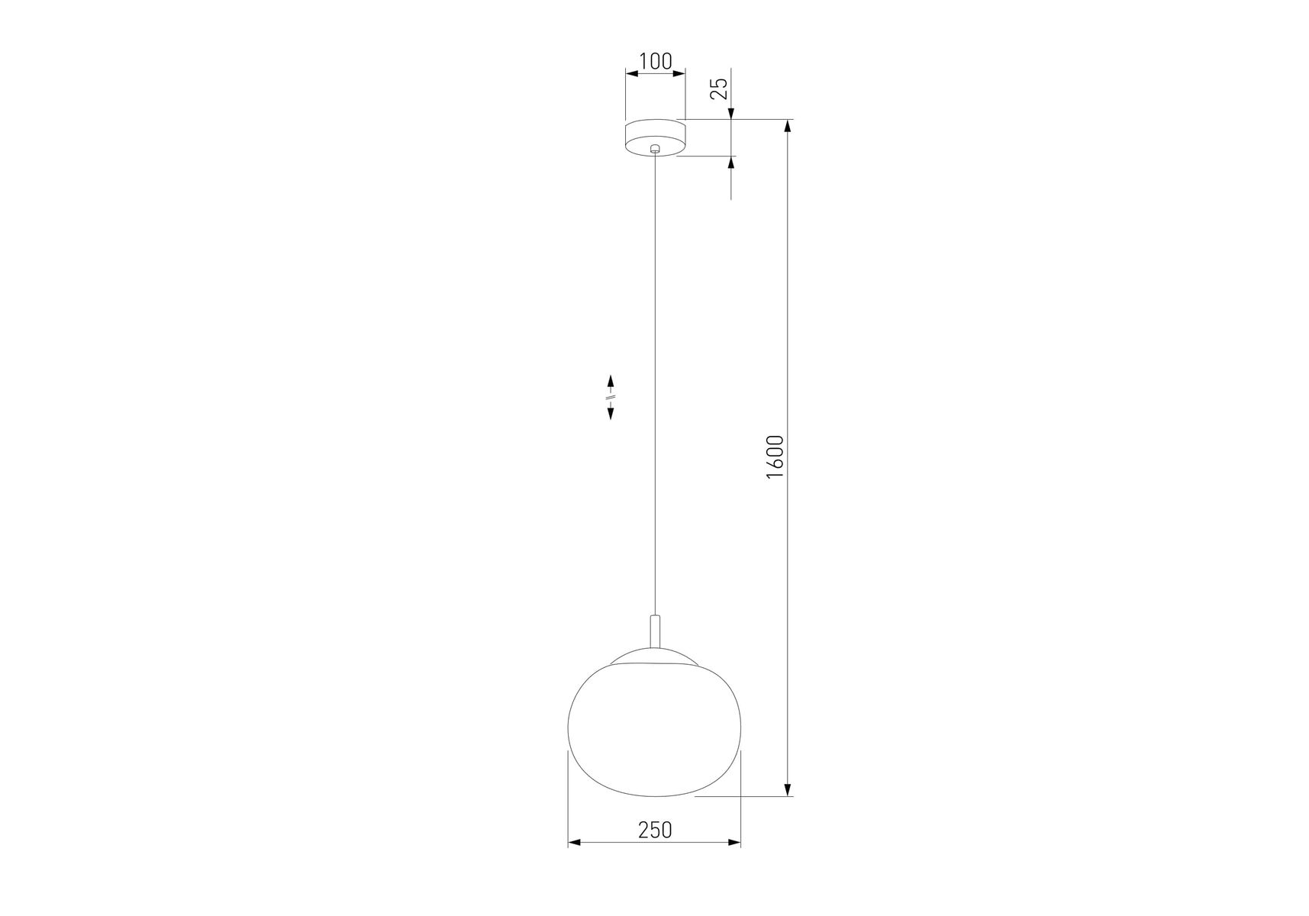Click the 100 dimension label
(655, 61)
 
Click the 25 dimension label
(719, 89)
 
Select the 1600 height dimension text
(775, 456)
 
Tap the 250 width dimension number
(655, 829)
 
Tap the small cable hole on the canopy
(655, 150)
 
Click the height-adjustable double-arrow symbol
(611, 397)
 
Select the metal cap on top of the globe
(655, 658)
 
